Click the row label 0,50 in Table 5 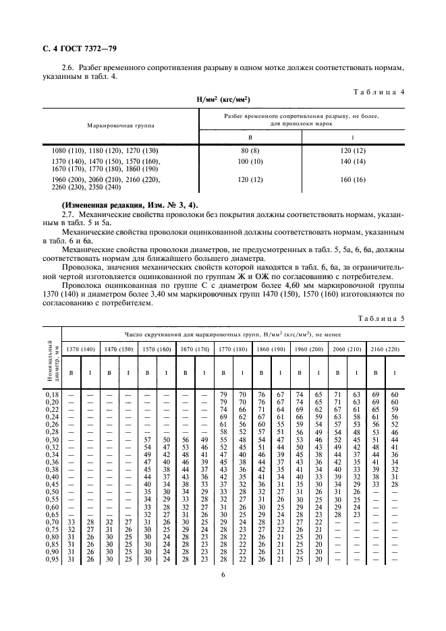click(51, 491)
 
